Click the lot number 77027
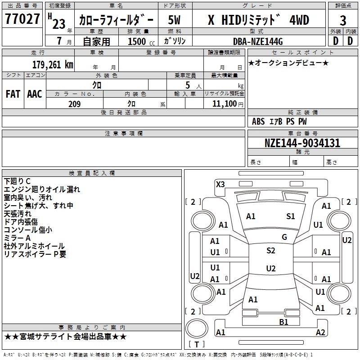22,20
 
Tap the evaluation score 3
343,21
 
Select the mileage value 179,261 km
53,64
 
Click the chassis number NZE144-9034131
302,143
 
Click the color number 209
74,104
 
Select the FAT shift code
13,94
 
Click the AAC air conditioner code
35,94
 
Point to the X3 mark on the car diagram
220,184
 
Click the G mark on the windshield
284,237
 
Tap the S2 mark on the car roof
270,251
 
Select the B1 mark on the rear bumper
283,321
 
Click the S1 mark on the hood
290,216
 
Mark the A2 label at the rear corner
320,333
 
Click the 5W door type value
175,20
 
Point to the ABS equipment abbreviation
258,121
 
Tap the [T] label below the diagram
197,344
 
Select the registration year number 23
59,24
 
